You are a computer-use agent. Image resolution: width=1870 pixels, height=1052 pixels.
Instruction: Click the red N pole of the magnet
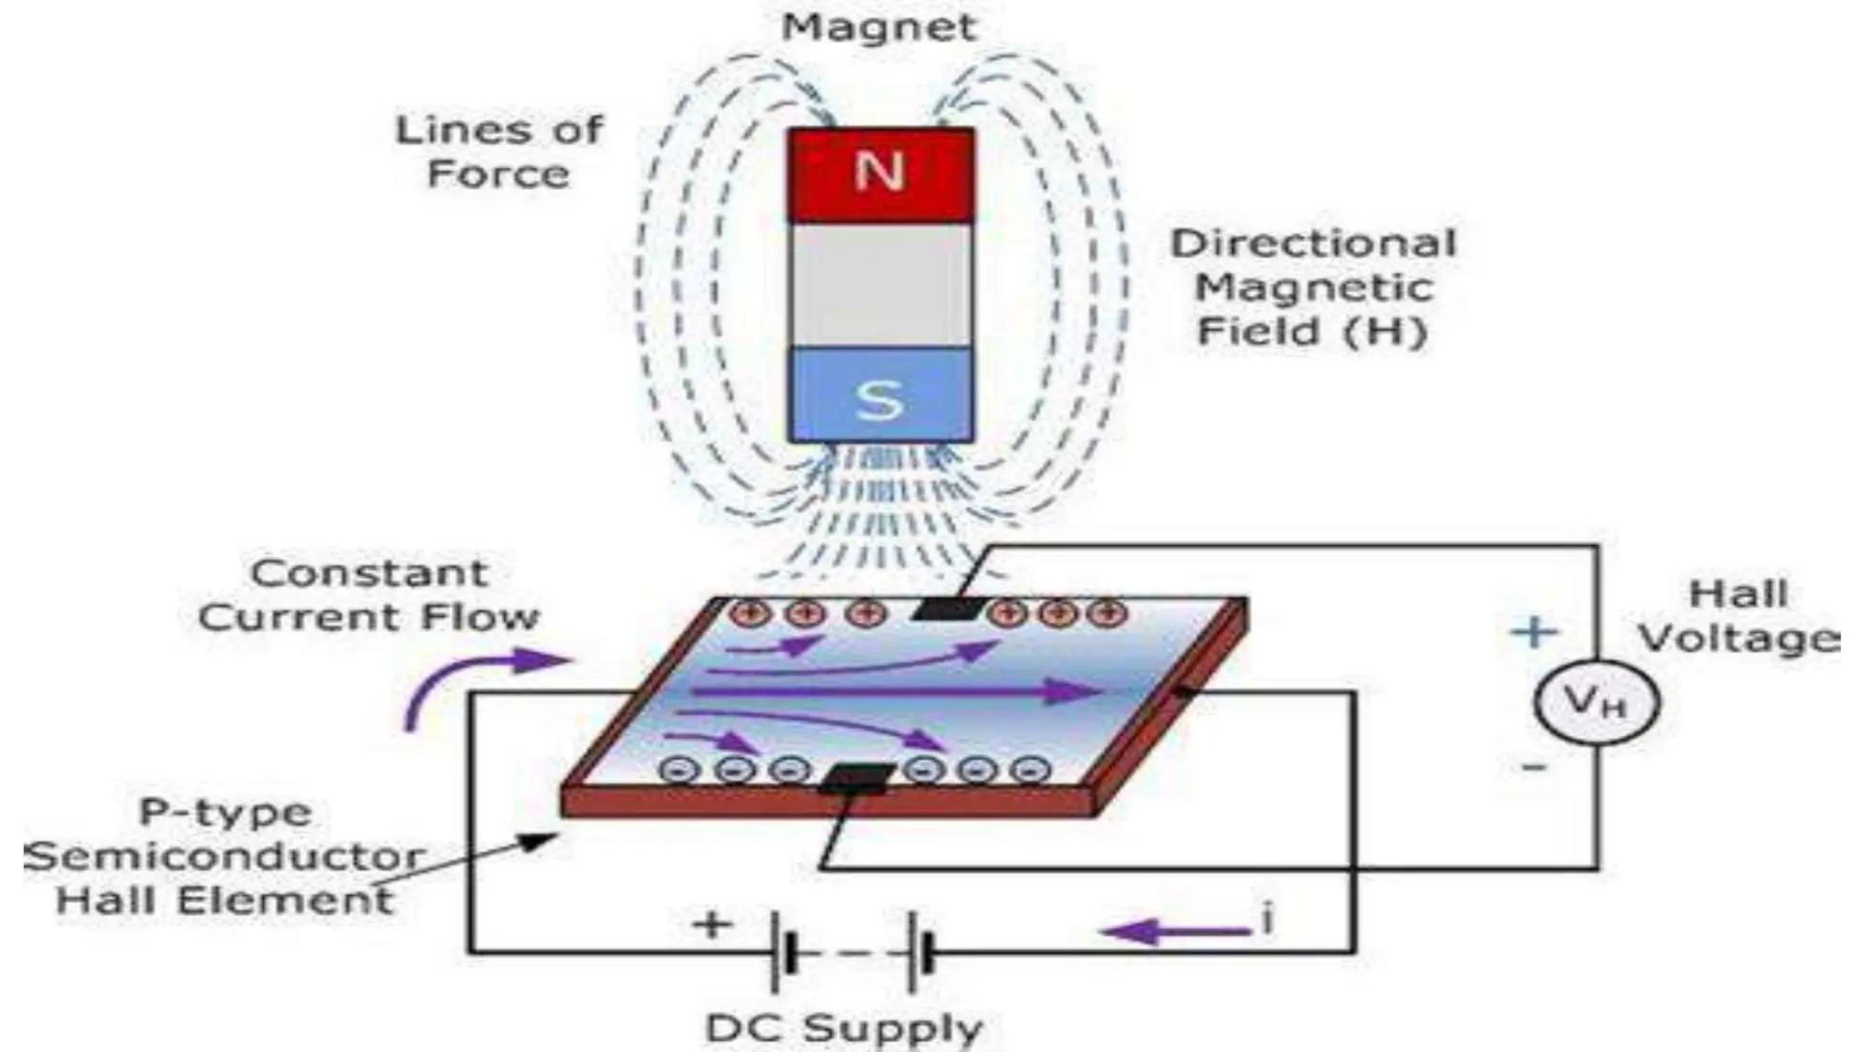coord(880,174)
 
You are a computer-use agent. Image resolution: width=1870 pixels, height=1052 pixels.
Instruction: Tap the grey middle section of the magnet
coord(880,285)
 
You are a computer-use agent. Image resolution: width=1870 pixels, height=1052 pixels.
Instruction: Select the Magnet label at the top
coord(879,26)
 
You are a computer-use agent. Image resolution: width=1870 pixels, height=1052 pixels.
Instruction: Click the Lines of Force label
coord(499,152)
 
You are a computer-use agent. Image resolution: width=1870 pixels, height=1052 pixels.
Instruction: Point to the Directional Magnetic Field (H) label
coord(1313,288)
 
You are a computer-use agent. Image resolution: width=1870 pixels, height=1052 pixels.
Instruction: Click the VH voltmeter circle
coord(1595,702)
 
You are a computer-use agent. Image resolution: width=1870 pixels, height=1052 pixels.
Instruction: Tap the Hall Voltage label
coord(1739,616)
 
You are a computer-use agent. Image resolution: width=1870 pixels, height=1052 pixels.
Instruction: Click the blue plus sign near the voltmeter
coord(1534,632)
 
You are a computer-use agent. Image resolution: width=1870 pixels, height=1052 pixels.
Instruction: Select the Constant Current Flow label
coord(369,595)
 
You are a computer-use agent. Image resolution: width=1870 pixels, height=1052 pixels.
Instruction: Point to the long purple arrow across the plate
coord(895,691)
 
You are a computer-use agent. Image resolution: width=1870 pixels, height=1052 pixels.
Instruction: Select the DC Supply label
coord(845,1029)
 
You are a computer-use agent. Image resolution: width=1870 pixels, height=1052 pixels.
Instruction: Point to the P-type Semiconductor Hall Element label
coord(225,857)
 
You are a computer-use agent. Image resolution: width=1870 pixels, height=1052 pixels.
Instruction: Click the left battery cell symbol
coord(783,952)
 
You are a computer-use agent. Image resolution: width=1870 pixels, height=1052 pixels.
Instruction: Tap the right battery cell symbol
coord(919,952)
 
